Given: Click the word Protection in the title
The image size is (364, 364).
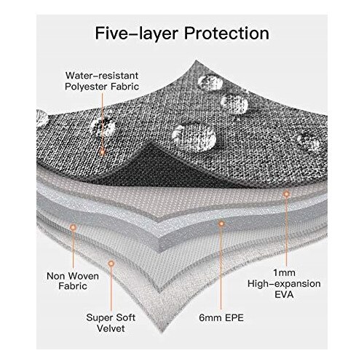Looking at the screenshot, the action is (x=226, y=33).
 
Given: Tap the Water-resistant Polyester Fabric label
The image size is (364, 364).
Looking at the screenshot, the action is (x=102, y=81).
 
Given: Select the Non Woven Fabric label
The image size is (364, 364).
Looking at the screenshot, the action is (x=73, y=281).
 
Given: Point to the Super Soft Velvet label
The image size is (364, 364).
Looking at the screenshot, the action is (x=111, y=323).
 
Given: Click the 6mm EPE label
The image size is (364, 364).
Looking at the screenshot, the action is (x=221, y=317).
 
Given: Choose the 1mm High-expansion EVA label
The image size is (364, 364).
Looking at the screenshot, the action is (x=284, y=283).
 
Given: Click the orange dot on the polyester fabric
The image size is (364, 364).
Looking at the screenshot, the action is (x=103, y=152).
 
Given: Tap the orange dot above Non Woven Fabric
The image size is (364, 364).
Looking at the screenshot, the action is (x=73, y=227).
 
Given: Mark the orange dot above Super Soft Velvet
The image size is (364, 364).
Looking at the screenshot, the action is (x=111, y=264).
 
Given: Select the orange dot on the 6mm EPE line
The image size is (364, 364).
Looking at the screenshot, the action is (x=221, y=223).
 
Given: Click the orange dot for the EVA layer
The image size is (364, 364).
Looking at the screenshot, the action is (x=286, y=194).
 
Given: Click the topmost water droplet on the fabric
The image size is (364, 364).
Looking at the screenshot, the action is (x=210, y=82).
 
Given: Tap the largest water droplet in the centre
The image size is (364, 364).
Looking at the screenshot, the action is (x=194, y=136).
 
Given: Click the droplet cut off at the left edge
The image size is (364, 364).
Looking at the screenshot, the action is (x=41, y=118).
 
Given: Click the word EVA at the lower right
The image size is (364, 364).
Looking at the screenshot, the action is (x=284, y=294).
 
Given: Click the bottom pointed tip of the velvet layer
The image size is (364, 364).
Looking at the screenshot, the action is (x=162, y=332).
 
